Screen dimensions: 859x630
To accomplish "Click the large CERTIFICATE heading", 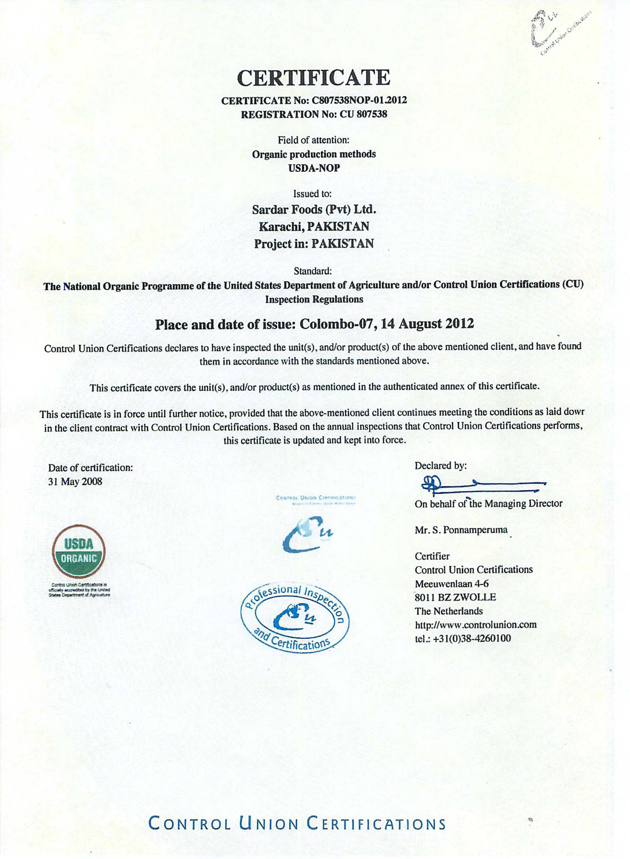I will [x=314, y=77].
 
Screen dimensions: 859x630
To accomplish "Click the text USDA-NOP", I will [x=314, y=168].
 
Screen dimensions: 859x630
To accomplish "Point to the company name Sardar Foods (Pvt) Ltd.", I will [x=314, y=209].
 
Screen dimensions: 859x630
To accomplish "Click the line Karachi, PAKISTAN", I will [x=314, y=226].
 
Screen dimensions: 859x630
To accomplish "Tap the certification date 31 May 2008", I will [x=75, y=481].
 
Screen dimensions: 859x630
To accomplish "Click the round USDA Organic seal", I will [x=79, y=552].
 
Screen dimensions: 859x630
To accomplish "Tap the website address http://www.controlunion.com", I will [x=475, y=625].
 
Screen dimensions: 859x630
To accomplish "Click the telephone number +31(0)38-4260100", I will [x=472, y=638].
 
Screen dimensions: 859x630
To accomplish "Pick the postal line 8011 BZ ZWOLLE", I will [x=455, y=597].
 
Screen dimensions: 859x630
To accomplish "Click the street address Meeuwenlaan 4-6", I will [x=451, y=584].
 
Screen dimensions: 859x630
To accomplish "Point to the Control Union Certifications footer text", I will [x=297, y=823].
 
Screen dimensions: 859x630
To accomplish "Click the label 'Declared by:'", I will [x=440, y=465].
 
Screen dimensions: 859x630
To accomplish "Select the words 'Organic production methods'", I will [x=314, y=154].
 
